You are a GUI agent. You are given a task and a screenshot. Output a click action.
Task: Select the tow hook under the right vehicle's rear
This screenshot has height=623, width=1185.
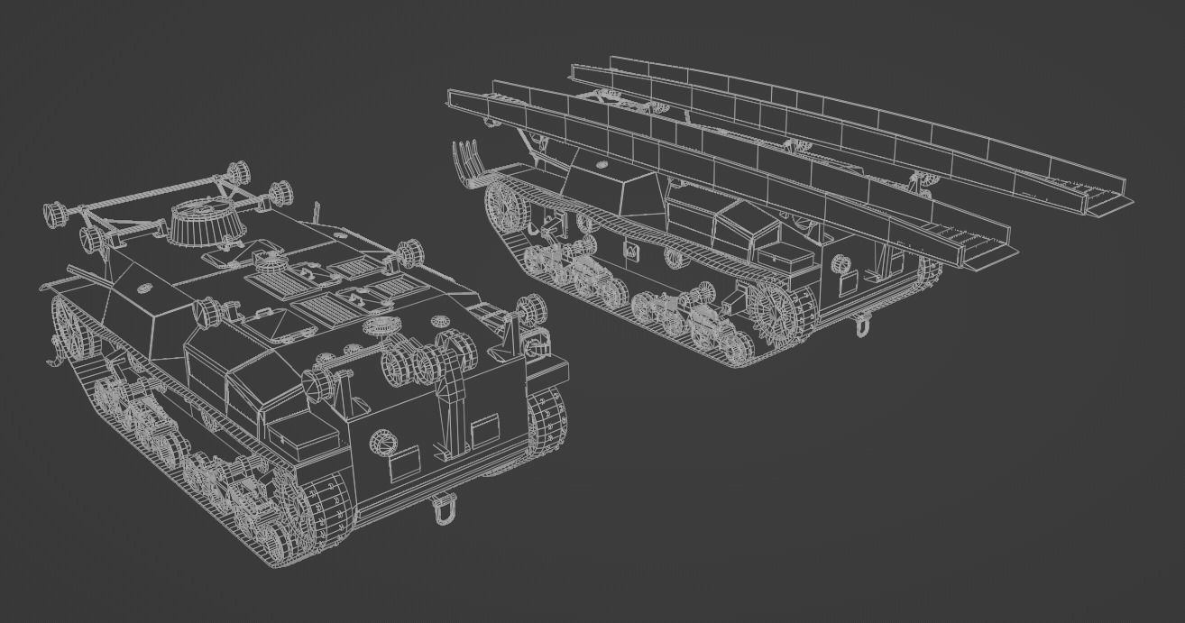[x=863, y=324]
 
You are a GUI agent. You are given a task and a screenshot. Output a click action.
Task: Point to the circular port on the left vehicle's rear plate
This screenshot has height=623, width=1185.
[x=383, y=442]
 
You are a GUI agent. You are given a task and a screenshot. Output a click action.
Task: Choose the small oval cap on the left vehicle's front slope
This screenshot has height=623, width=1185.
[x=144, y=289]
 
